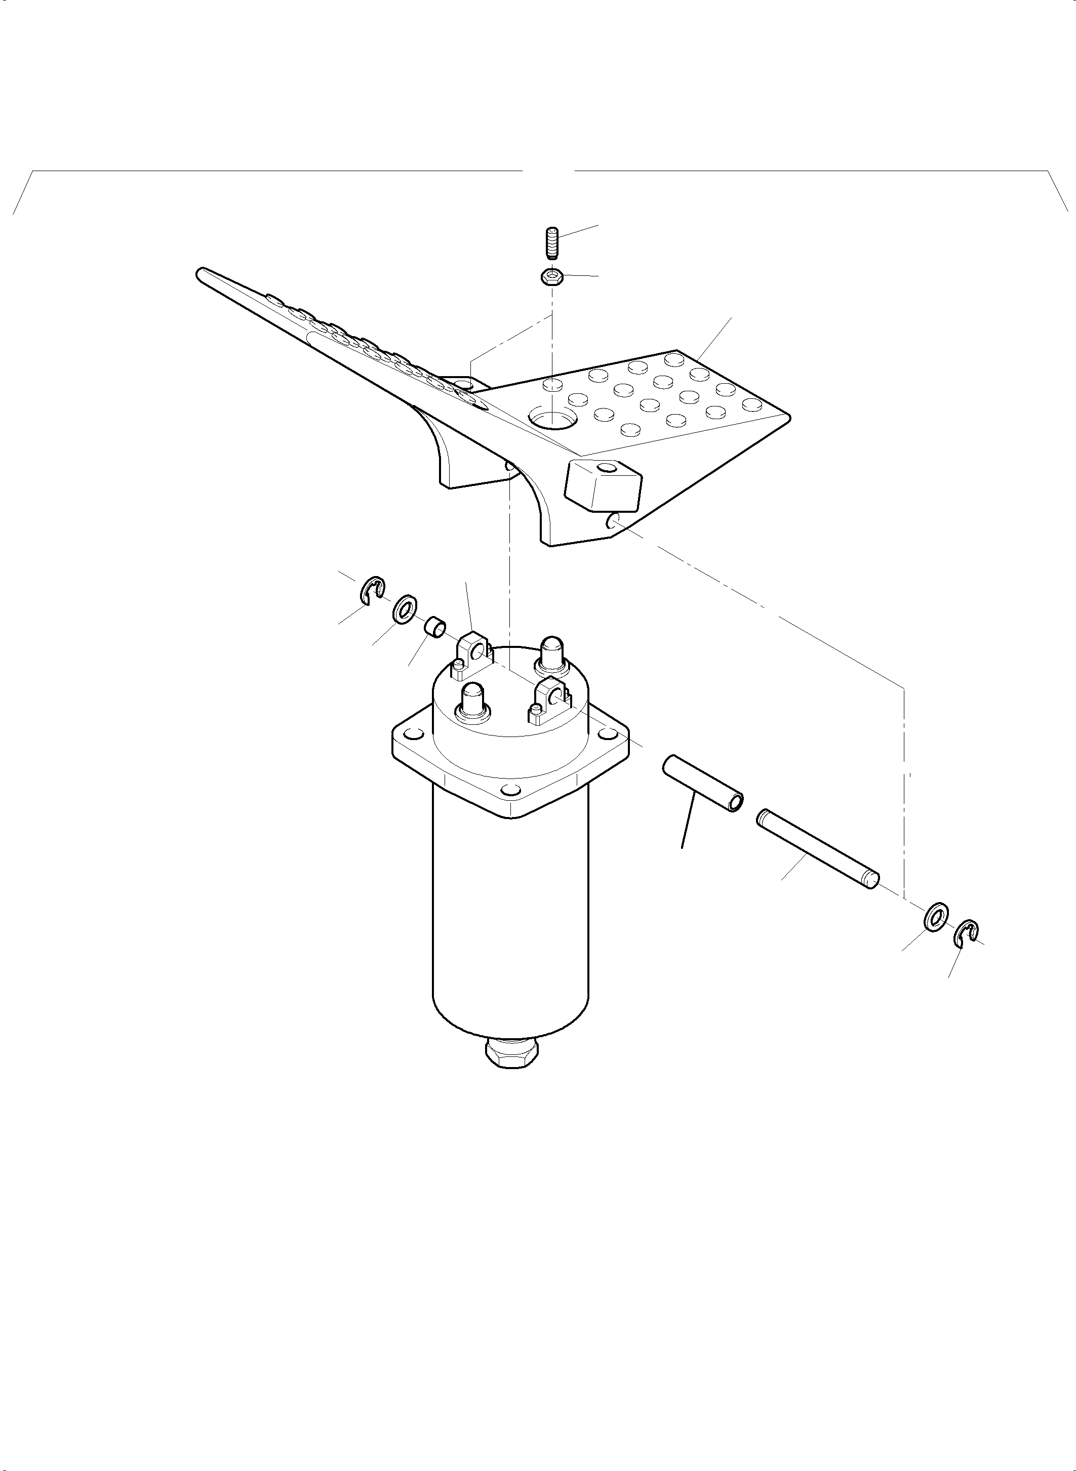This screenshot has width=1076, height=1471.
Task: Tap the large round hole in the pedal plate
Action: [552, 418]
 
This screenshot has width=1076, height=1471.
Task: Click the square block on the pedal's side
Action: [603, 486]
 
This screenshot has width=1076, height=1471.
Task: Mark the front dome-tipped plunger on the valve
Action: [473, 701]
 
